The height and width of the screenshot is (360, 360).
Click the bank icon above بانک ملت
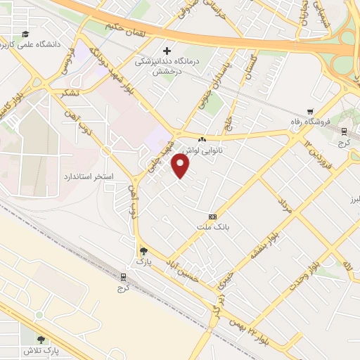(x=213, y=216)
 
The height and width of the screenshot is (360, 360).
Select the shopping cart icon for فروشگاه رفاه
(x=310, y=111)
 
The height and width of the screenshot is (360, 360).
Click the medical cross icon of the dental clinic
(x=167, y=51)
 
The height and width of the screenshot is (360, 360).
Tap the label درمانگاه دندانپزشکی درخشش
(x=163, y=65)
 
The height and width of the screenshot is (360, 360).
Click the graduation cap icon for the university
(x=25, y=34)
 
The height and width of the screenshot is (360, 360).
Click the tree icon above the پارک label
(x=144, y=251)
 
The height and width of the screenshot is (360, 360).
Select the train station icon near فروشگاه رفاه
(x=342, y=131)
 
